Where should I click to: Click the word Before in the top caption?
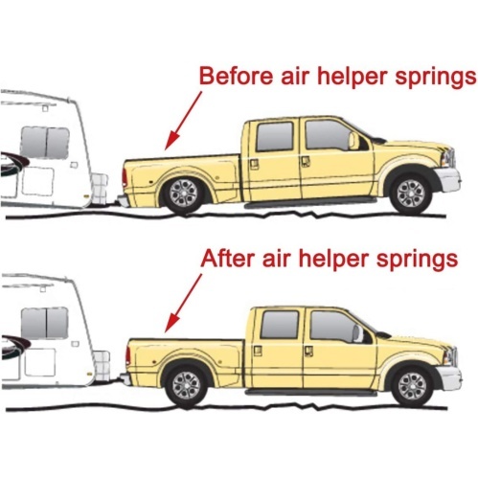coord(236,76)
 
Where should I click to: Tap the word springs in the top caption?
coord(436,78)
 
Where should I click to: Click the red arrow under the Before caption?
coord(183,121)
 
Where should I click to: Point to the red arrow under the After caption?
coord(183,303)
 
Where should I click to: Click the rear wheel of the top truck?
coord(183,193)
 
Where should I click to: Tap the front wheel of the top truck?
coord(410,193)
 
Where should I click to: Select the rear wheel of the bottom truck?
coord(186,385)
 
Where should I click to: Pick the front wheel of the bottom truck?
coord(412,386)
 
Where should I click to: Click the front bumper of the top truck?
coord(448,180)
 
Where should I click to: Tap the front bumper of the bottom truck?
coord(449,376)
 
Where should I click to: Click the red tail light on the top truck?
coord(124,178)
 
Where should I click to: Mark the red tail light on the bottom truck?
coord(127,356)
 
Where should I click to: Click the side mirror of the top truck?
coord(353,141)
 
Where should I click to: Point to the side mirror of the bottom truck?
coord(358,333)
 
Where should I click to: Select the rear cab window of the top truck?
coord(275,136)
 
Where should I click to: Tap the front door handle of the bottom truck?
coord(308,351)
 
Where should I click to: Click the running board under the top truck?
coord(310,203)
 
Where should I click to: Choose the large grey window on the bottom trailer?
coord(45,323)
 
